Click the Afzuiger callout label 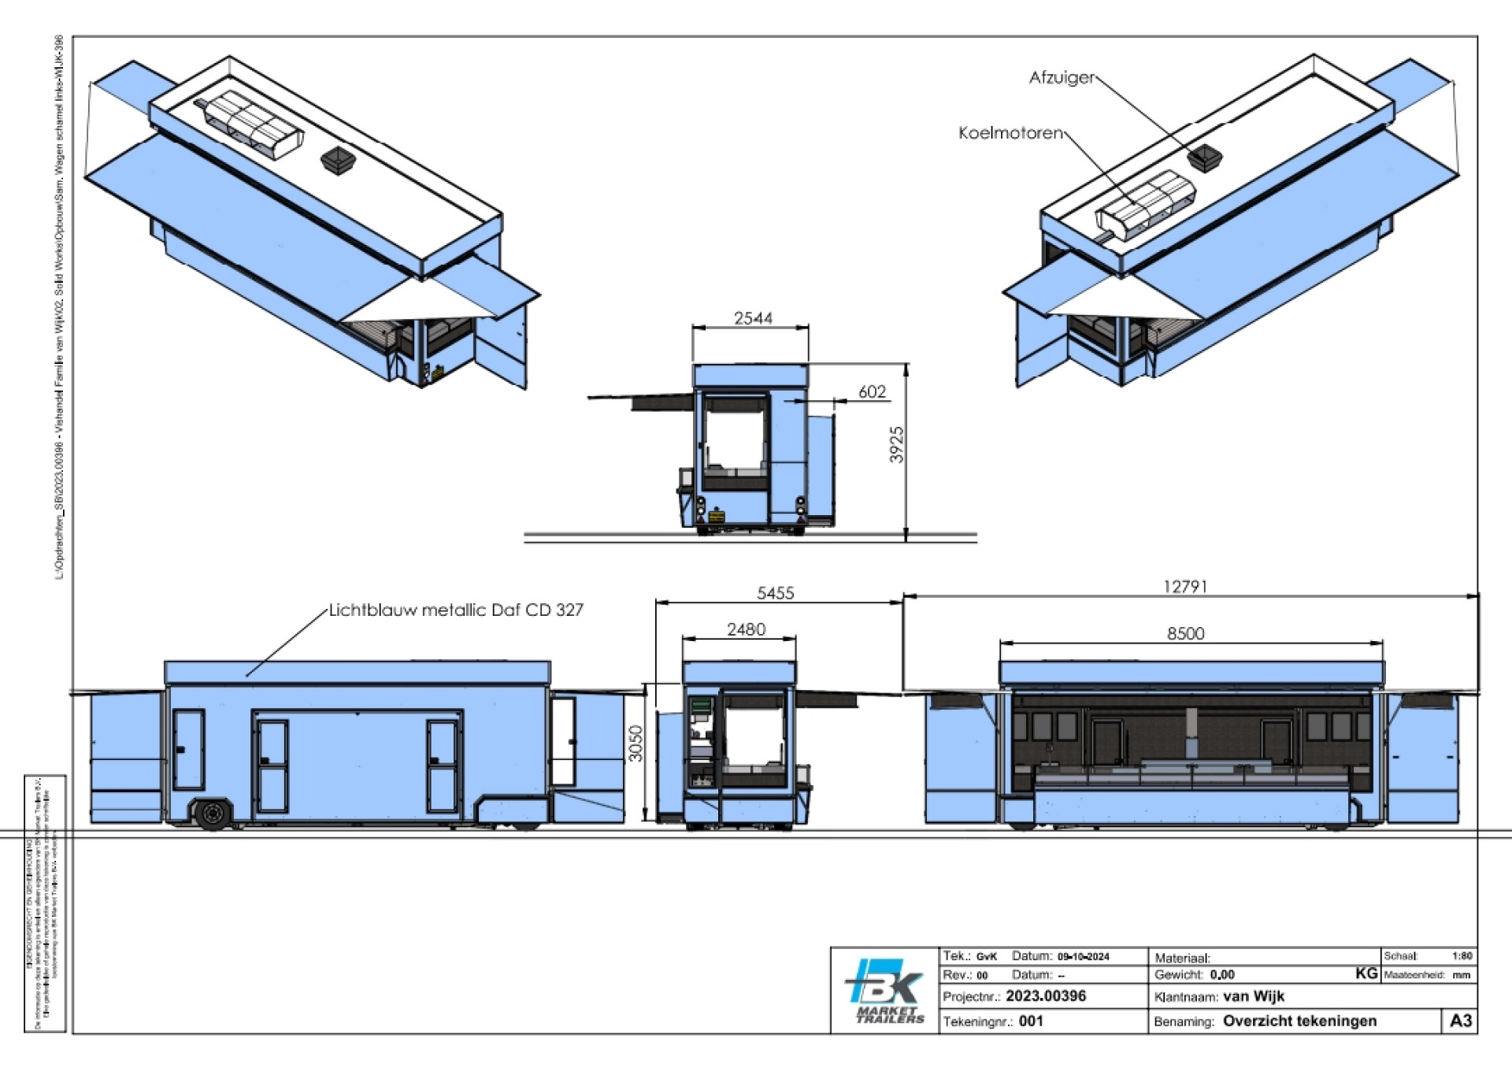pos(1061,78)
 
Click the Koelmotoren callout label pos(1010,133)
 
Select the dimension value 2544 pos(753,318)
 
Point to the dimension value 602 pos(872,391)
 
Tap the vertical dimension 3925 pos(896,445)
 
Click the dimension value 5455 pos(775,593)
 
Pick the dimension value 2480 pos(745,629)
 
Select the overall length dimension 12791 pos(1184,587)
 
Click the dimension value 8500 pos(1184,633)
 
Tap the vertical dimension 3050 pos(636,743)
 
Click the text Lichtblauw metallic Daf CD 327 pos(455,610)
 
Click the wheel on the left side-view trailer pos(212,814)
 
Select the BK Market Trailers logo pos(885,990)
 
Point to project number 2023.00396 pos(1045,996)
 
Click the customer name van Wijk pos(1253,996)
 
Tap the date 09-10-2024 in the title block pos(1083,957)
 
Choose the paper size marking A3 pos(1460,1021)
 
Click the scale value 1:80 pos(1462,956)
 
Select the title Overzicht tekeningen pos(1299,1022)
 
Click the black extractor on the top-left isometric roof pos(339,160)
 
